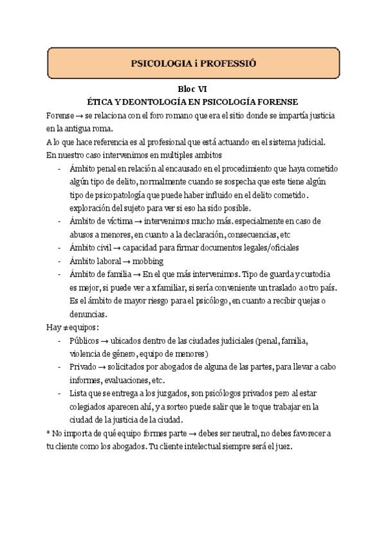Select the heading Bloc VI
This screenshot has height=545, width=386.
click(192, 90)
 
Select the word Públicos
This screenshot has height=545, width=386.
click(84, 341)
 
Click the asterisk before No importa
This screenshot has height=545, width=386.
click(49, 434)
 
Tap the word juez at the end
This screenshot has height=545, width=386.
click(284, 447)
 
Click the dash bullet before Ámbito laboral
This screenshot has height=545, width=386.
click(59, 262)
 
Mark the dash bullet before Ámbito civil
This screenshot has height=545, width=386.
click(59, 248)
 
